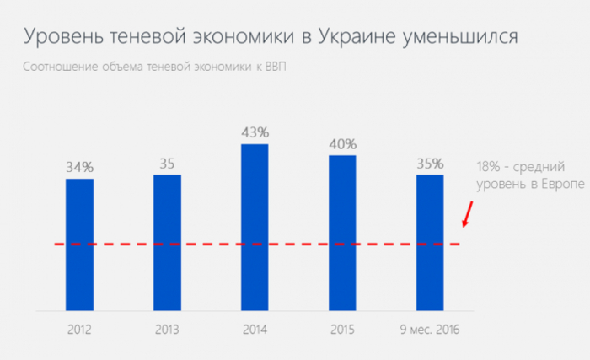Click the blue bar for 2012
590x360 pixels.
(x=79, y=244)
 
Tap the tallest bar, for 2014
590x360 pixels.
(x=255, y=228)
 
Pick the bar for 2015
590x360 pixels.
(x=342, y=233)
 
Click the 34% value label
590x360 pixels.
(x=79, y=166)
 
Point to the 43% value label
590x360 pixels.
(x=255, y=132)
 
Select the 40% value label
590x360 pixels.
(x=342, y=143)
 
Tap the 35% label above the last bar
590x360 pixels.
(x=430, y=163)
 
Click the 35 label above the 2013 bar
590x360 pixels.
(x=167, y=164)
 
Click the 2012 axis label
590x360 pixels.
(x=79, y=329)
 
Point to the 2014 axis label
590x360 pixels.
(x=255, y=329)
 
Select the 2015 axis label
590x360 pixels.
(x=342, y=329)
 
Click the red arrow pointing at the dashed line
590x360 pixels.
(x=466, y=216)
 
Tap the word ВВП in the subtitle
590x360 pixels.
(x=275, y=67)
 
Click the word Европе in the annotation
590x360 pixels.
(x=562, y=185)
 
